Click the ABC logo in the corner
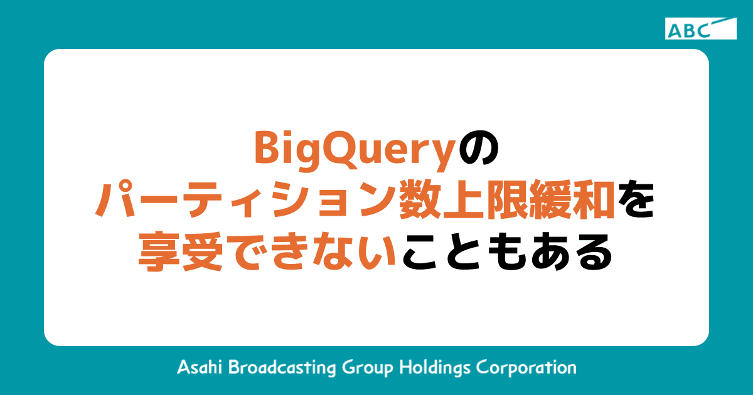pyautogui.click(x=700, y=29)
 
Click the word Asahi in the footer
pyautogui.click(x=199, y=367)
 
